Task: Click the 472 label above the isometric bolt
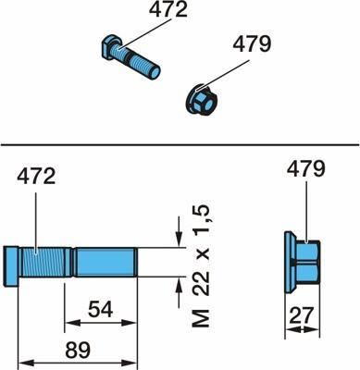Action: (x=168, y=10)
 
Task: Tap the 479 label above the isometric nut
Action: (x=252, y=44)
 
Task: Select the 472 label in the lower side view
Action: (x=36, y=177)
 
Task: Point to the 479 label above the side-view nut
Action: (x=306, y=169)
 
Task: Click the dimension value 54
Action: (x=101, y=310)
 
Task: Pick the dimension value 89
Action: (x=78, y=350)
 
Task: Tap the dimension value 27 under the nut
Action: (x=302, y=314)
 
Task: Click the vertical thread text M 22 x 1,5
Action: (x=201, y=265)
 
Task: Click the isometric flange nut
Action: (x=200, y=100)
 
